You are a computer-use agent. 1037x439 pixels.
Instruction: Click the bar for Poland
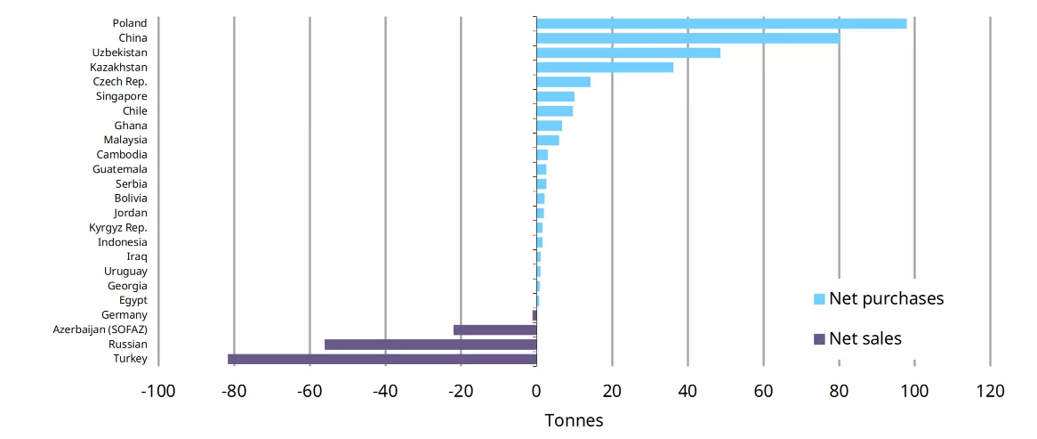721,24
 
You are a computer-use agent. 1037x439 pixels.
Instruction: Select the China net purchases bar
688,38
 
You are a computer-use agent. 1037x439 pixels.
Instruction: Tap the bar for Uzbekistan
628,53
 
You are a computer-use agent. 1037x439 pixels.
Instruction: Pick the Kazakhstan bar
605,68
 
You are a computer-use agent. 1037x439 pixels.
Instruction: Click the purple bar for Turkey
382,359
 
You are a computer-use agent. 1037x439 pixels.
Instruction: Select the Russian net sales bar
430,345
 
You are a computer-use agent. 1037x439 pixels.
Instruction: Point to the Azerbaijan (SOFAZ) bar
495,329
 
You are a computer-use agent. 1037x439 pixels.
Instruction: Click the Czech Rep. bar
564,82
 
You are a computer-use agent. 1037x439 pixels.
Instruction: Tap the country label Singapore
122,97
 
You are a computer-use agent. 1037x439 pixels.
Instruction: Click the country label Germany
125,315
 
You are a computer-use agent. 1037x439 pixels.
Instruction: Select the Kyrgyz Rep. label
118,228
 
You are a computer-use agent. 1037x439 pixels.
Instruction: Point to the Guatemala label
120,169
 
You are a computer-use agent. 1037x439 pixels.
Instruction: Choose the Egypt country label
134,301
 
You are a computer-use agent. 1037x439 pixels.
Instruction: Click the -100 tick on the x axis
158,391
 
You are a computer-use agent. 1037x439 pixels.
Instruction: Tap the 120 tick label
990,391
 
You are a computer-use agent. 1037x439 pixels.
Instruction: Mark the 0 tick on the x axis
536,391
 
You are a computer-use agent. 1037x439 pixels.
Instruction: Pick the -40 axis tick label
385,391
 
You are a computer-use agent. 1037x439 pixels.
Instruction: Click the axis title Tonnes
574,420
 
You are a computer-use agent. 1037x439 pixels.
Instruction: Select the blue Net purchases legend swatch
819,299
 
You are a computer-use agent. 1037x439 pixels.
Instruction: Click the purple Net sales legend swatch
819,339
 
